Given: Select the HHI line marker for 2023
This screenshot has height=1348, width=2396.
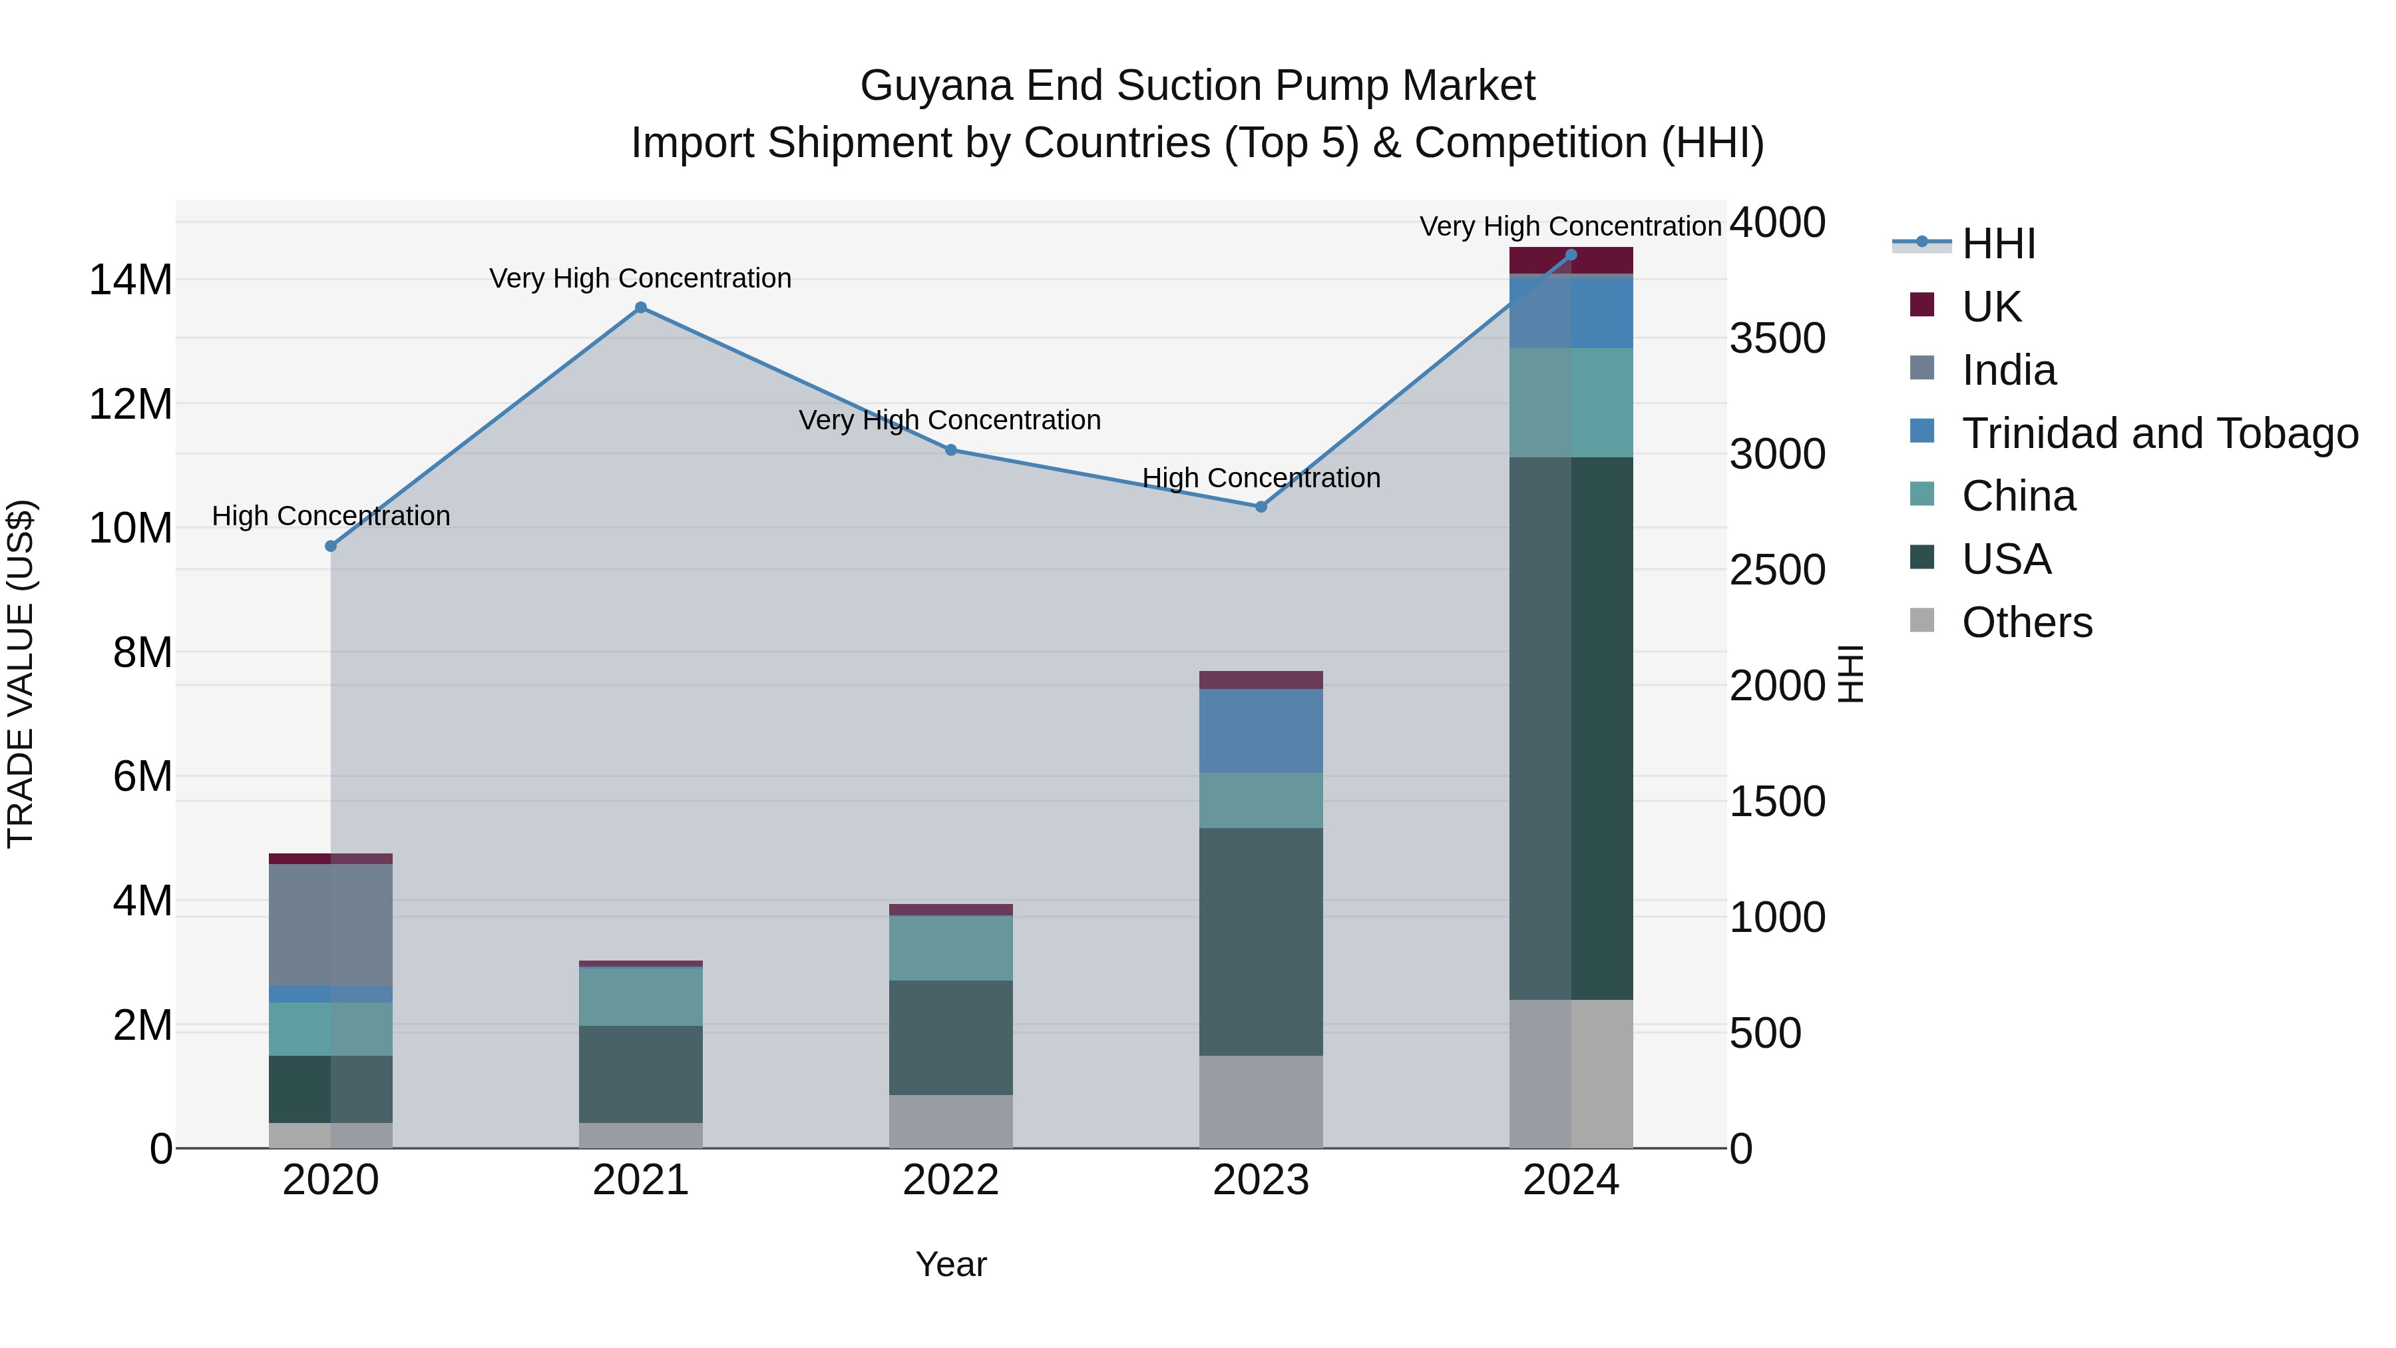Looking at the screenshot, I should [1261, 507].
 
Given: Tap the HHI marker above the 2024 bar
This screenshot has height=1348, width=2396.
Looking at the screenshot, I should [1571, 255].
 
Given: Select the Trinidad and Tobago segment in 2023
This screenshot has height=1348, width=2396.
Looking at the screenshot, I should [1261, 730].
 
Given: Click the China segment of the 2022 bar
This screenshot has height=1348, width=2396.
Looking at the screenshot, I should [950, 948].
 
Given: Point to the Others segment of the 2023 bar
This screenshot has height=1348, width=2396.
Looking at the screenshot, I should [1261, 1102].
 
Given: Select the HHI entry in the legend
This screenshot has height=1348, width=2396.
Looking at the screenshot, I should [1998, 244].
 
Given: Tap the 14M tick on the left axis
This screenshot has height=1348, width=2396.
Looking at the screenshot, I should [130, 280].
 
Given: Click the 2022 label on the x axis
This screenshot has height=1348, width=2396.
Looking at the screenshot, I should [950, 1180].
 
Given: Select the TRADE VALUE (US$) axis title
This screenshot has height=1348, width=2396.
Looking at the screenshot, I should [21, 674].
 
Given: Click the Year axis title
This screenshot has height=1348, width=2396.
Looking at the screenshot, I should [950, 1264].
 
